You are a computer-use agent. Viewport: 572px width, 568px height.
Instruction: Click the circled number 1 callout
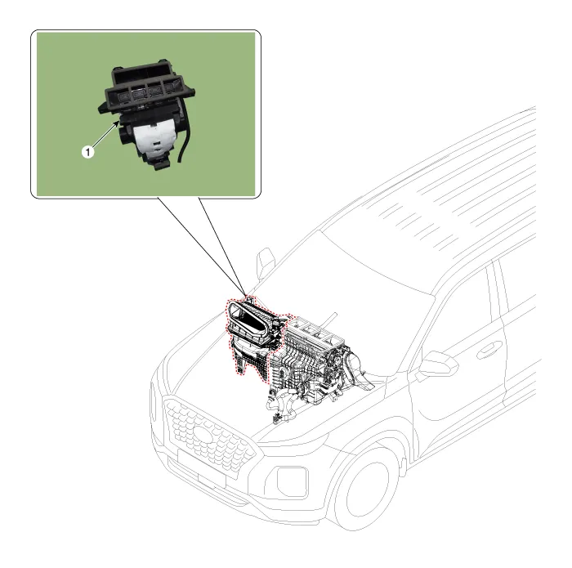[x=88, y=150]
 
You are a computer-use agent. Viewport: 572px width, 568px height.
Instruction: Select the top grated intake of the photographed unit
[x=147, y=86]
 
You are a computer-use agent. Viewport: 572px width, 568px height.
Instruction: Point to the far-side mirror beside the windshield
[x=266, y=262]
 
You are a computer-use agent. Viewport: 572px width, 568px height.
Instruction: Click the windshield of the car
[x=368, y=262]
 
